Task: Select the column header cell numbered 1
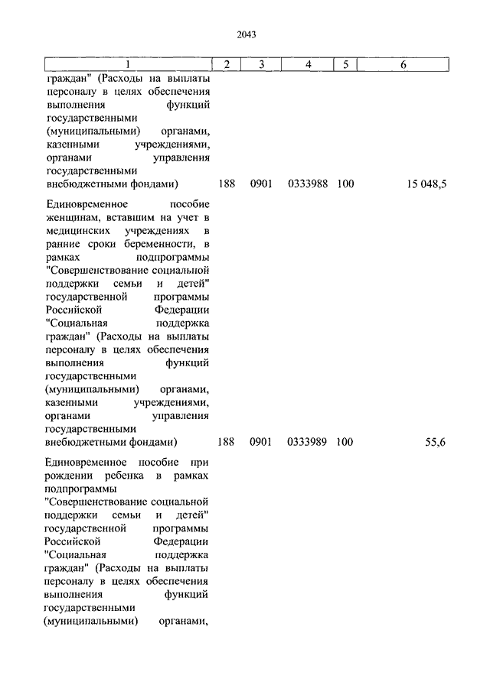point(127,65)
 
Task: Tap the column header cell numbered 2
point(227,65)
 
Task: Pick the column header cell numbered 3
point(261,65)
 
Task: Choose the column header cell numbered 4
point(308,65)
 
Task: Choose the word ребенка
point(127,476)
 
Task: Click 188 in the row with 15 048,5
point(226,184)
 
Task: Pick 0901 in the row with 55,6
point(261,442)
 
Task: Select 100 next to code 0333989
point(345,442)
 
